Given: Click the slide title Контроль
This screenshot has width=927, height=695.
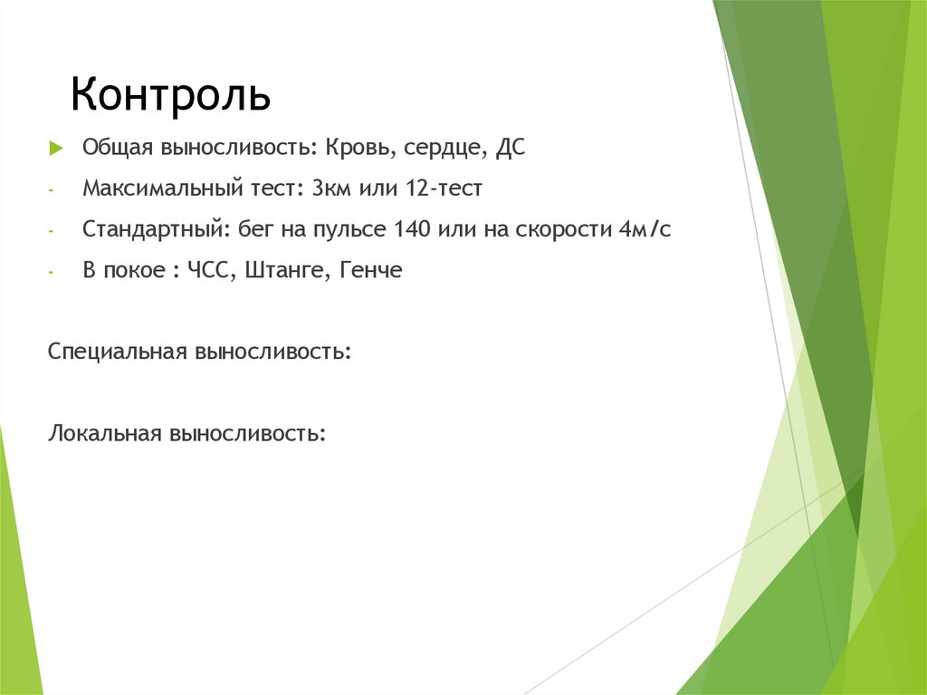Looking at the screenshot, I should coord(171,94).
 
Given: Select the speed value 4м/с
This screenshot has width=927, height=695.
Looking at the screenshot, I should coord(645,229).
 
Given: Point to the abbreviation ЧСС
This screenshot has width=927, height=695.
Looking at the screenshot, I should coord(210,271).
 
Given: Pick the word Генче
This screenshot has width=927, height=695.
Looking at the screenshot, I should coord(369,271).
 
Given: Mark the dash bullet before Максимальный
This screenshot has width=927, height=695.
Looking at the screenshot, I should coord(53,190).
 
